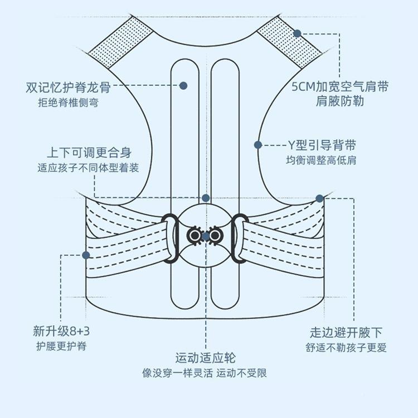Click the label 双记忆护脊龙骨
67,88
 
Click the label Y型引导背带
321,145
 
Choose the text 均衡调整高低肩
321,161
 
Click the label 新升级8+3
61,332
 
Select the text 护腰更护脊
61,346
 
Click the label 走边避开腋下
347,333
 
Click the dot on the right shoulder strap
298,33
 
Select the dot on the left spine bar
183,86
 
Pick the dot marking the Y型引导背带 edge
258,145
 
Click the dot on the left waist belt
86,255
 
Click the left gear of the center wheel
195,236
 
